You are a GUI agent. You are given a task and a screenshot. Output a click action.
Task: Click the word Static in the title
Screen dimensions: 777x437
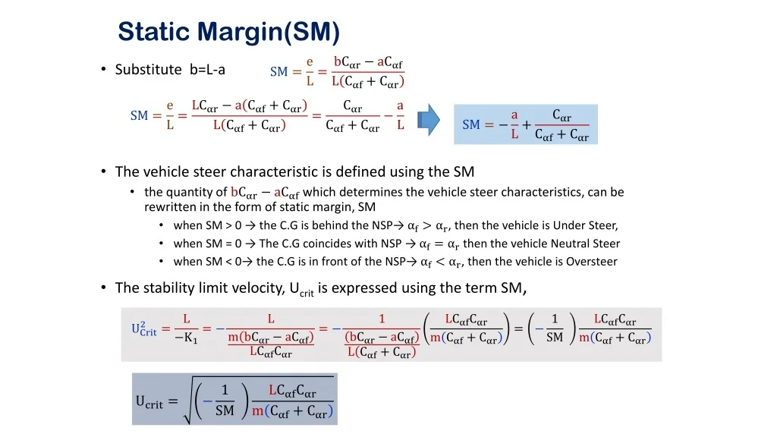point(154,31)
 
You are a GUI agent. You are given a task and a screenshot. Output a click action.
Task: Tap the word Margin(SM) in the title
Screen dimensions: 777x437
point(269,32)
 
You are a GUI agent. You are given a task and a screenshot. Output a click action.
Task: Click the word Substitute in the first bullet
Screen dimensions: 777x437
point(148,69)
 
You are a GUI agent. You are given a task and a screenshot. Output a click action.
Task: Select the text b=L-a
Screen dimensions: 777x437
point(207,69)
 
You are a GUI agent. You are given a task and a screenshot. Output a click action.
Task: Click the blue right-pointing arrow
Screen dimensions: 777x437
point(429,119)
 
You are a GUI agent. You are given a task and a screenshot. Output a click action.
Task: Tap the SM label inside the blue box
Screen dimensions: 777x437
point(470,124)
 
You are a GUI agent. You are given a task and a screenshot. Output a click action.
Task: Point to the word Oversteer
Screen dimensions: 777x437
point(592,261)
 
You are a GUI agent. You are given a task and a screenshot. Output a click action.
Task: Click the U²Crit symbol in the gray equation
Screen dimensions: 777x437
point(143,329)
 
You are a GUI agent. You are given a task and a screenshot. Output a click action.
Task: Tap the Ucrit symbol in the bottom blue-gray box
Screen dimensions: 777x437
point(149,402)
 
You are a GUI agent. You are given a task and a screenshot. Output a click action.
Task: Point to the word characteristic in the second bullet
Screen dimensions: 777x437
point(274,171)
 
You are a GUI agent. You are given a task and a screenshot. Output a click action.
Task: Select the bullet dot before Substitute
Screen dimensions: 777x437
point(103,69)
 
